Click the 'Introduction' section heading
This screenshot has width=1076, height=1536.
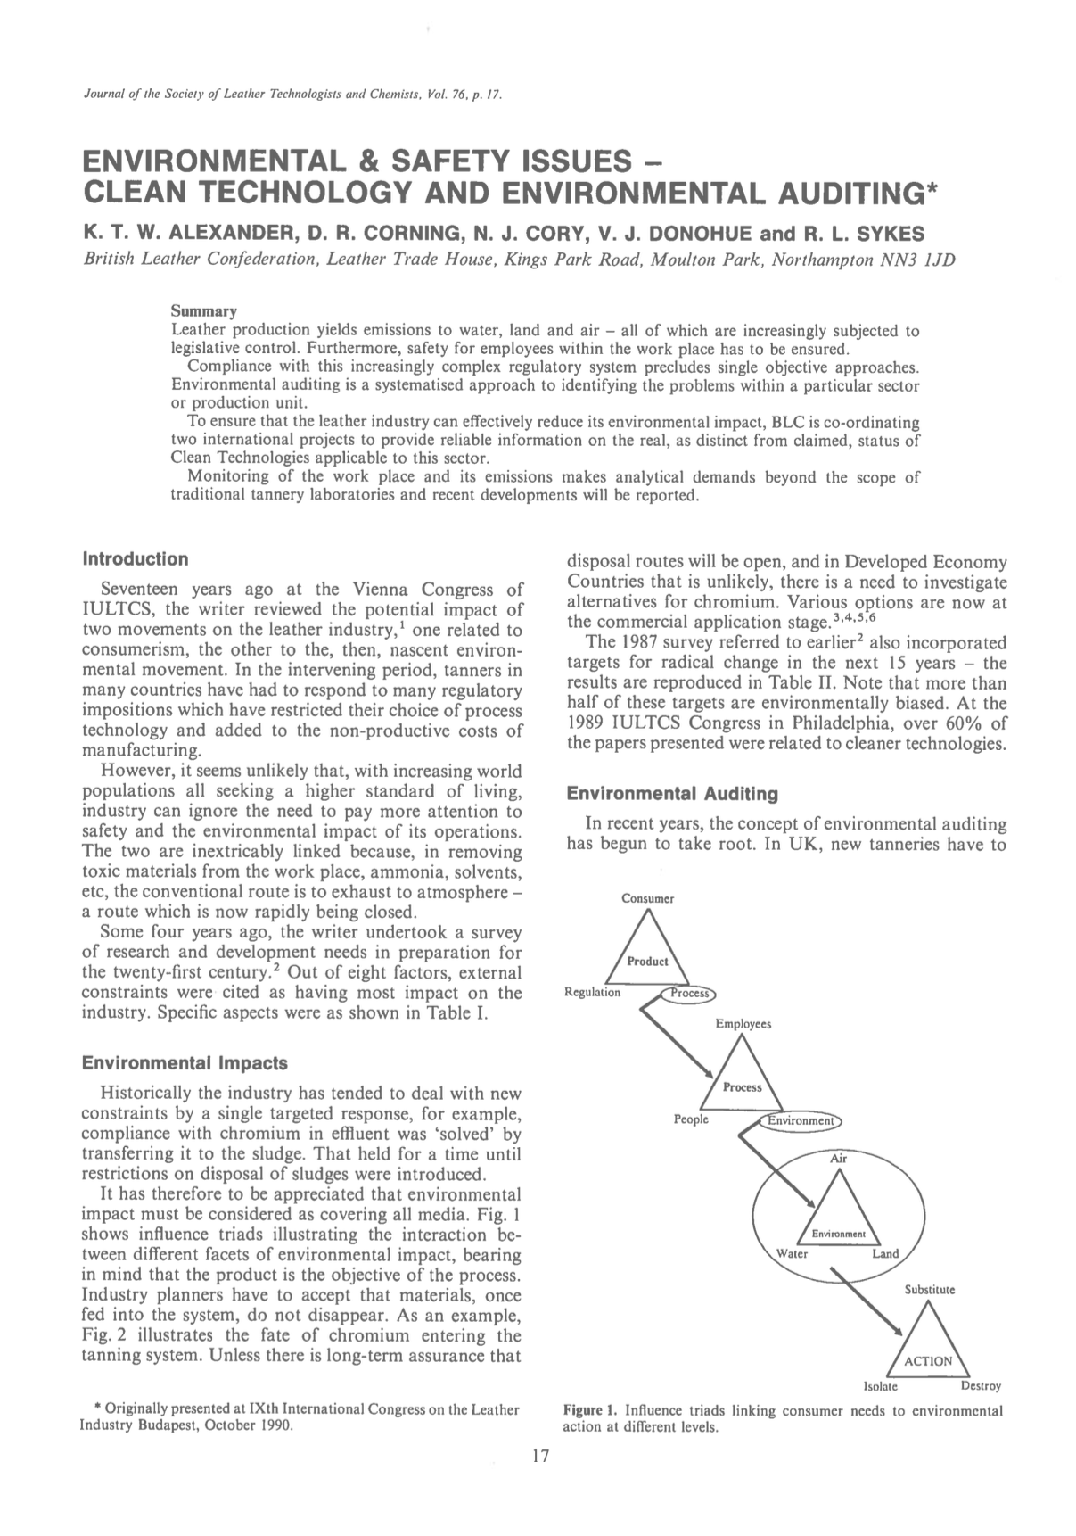click(x=135, y=559)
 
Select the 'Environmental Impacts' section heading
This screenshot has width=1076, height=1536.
click(x=185, y=1063)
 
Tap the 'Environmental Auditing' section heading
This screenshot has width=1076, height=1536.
click(x=672, y=793)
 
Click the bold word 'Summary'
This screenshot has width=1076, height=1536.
click(x=203, y=311)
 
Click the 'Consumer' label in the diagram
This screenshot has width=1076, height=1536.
click(x=647, y=898)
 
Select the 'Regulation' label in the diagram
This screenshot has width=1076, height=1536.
click(x=593, y=992)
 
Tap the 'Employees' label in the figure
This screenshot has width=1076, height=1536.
click(x=743, y=1024)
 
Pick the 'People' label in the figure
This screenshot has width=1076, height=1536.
click(x=691, y=1119)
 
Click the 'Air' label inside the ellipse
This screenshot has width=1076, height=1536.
click(x=838, y=1159)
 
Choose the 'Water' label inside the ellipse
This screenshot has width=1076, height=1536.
click(x=793, y=1253)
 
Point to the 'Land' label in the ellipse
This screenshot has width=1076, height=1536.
click(x=885, y=1253)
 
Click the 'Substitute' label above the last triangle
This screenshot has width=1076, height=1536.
click(x=929, y=1290)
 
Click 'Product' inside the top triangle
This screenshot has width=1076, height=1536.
click(x=647, y=962)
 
